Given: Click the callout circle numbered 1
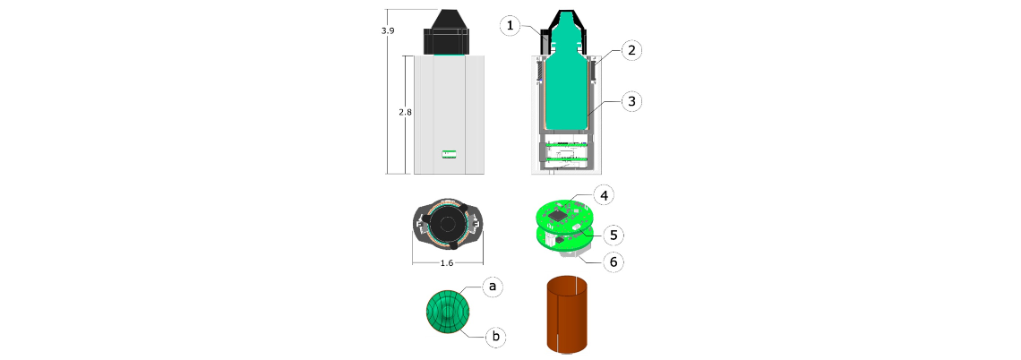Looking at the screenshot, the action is click(511, 26).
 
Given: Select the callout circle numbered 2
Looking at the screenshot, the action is click(632, 50).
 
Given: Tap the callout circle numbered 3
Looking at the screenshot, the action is click(631, 101).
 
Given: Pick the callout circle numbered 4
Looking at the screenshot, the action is click(604, 194).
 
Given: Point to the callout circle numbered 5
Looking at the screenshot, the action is click(613, 233).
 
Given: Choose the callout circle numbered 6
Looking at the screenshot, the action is click(613, 261).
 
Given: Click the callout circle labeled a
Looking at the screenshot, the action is click(493, 286).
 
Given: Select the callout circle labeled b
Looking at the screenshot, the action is click(495, 337).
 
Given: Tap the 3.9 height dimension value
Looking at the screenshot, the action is click(389, 30).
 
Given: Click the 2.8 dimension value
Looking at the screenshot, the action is click(405, 112).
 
